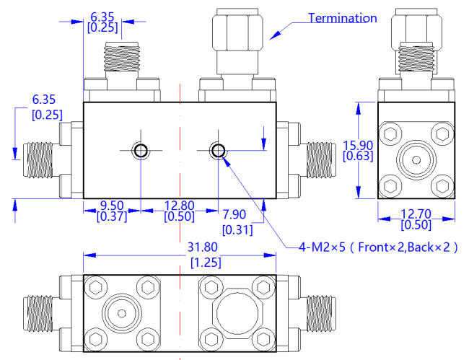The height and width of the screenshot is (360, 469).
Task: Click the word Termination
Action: tap(342, 18)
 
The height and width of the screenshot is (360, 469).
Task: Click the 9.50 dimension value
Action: tap(101, 204)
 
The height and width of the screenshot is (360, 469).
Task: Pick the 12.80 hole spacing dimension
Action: tap(179, 204)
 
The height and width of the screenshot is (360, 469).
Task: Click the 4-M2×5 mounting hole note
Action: tap(379, 247)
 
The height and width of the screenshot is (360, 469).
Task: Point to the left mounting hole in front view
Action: tap(140, 150)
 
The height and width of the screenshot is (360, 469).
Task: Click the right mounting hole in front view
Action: tap(218, 150)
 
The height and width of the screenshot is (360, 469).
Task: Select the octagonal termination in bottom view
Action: tap(236, 312)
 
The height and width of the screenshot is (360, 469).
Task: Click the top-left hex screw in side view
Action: tap(392, 134)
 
